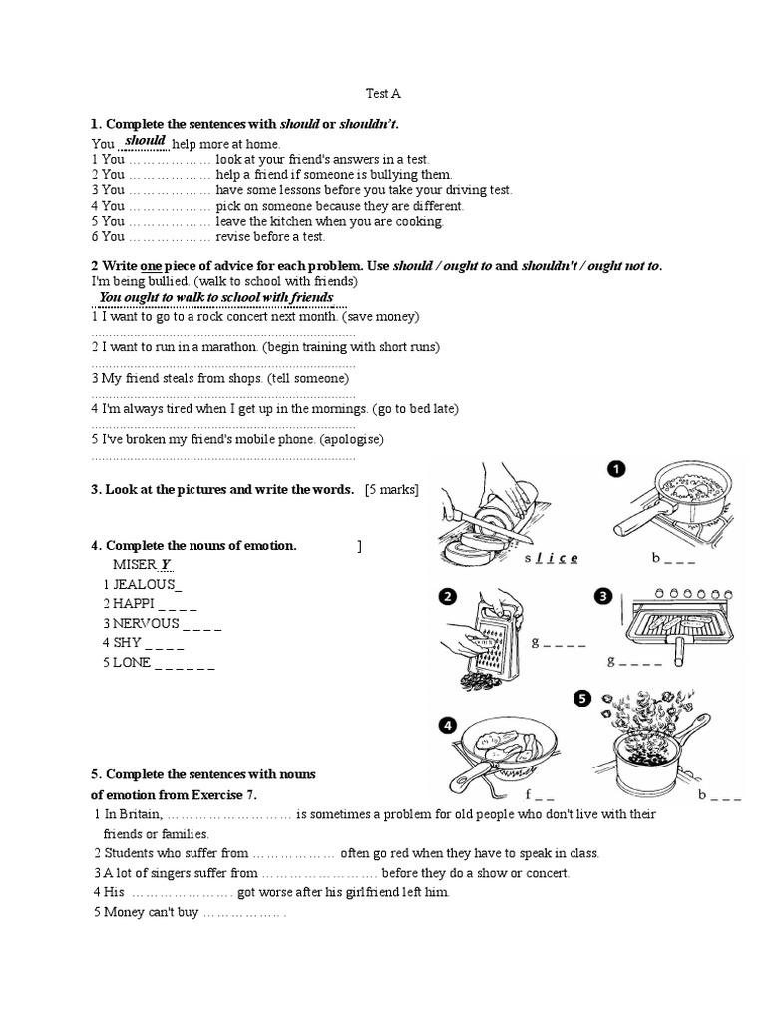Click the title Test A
point(383,94)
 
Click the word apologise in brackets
point(348,439)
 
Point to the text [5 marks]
point(392,489)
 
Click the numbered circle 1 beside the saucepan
point(617,468)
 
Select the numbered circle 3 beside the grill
point(602,596)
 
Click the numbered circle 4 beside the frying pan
point(448,726)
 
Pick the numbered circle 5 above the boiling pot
point(581,699)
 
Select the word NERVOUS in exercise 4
point(146,623)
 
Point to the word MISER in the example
point(135,565)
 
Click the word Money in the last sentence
point(125,911)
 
